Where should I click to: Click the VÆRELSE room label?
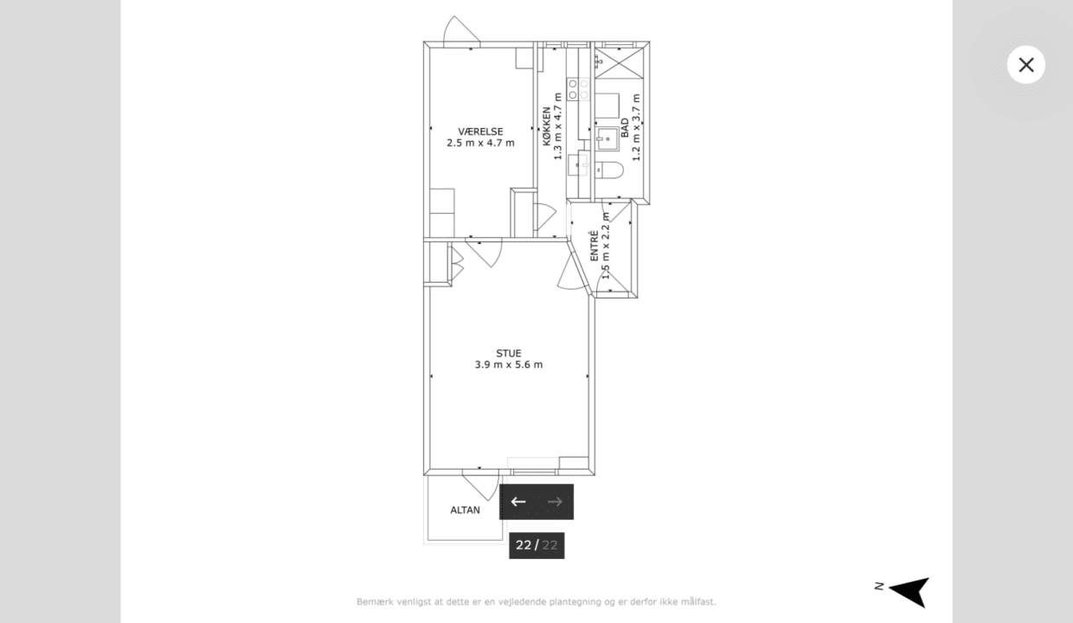(480, 132)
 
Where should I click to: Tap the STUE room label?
(508, 353)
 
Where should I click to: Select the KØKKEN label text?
(547, 126)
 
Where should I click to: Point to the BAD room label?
(625, 128)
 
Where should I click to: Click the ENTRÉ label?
(594, 246)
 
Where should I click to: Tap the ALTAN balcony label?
(465, 510)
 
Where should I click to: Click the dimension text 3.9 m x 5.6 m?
(508, 365)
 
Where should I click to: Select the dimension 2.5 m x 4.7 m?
(480, 143)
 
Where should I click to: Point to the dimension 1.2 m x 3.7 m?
(636, 127)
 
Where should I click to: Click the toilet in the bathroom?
(609, 170)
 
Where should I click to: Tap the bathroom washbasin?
(607, 138)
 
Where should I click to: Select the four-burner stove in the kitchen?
(578, 89)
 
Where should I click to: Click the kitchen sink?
(578, 165)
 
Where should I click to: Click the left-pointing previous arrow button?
(517, 501)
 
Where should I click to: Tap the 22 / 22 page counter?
(536, 545)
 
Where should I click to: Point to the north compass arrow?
(909, 592)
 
